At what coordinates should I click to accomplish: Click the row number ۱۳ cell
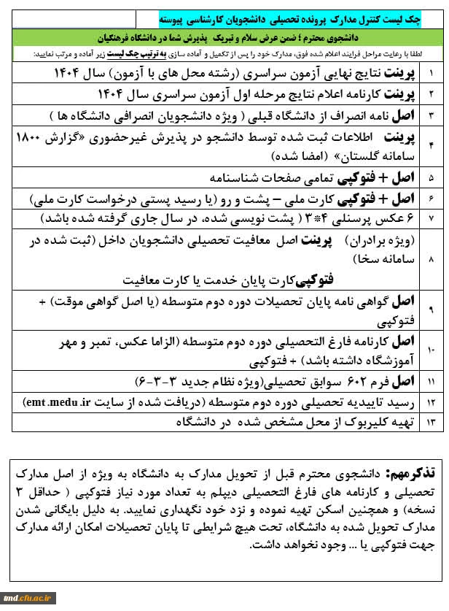coord(430,422)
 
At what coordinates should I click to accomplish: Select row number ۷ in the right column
coord(430,218)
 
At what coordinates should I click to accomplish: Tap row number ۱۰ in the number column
coord(430,350)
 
